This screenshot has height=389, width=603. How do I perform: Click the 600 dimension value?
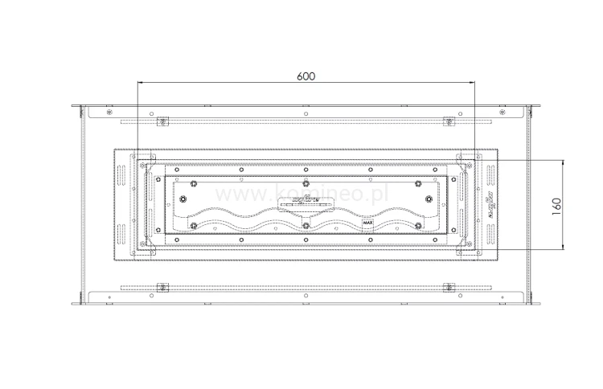pos(306,76)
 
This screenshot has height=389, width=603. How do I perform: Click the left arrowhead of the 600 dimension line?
pos(140,82)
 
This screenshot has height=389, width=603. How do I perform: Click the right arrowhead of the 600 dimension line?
pos(472,82)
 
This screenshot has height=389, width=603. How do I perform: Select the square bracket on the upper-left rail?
pos(162,122)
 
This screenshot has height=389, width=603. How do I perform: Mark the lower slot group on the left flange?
pos(122,233)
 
